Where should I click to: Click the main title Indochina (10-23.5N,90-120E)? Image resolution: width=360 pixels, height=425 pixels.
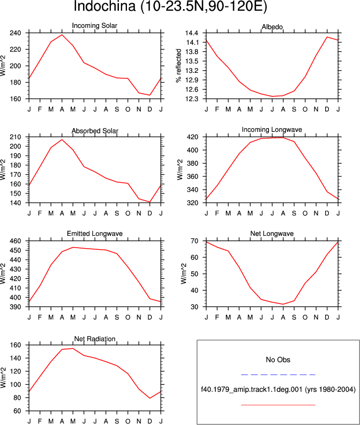tap(170, 6)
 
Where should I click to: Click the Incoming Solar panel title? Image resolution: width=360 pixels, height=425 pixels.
tap(94, 26)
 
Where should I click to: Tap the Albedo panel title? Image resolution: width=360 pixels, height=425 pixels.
tap(272, 27)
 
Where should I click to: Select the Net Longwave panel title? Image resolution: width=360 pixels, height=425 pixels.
tap(272, 233)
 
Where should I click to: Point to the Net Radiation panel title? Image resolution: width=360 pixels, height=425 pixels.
tap(95, 339)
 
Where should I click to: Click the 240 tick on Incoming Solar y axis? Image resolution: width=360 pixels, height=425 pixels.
tap(16, 33)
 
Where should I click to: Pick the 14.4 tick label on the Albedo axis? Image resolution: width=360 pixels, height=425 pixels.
tap(192, 33)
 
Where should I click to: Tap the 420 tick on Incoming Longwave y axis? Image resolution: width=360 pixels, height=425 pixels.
tap(193, 137)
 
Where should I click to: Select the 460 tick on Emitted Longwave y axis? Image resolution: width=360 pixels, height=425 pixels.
tap(16, 241)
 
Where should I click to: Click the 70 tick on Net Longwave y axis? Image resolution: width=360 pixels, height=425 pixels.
tap(195, 241)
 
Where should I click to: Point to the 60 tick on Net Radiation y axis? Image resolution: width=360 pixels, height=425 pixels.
tap(17, 411)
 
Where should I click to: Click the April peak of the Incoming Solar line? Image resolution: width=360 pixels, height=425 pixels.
tap(62, 35)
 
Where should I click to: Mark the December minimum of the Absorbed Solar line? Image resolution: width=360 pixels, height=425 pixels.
tap(150, 202)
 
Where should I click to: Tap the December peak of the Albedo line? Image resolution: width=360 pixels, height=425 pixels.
tap(327, 37)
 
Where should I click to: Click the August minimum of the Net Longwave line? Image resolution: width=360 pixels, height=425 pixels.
tap(283, 304)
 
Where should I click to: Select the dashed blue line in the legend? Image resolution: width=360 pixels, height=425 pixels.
tap(278, 375)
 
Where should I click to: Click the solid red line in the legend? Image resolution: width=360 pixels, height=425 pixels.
tap(278, 405)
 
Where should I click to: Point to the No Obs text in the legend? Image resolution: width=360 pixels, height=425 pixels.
tap(278, 360)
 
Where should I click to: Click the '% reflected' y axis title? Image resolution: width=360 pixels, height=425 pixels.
tap(178, 65)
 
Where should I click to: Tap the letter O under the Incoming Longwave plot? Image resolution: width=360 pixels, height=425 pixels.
tap(305, 214)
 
